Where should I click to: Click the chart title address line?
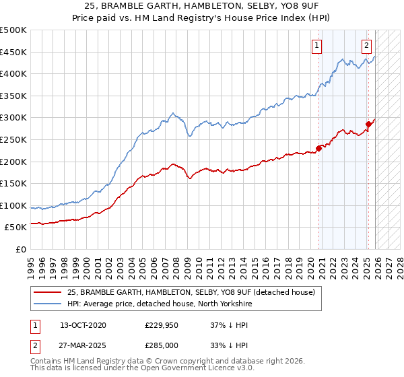click(x=202, y=6)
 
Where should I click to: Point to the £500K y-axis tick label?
click(x=13, y=30)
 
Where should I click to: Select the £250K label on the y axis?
click(x=13, y=139)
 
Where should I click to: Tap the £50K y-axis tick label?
click(x=16, y=228)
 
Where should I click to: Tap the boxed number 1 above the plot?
click(x=316, y=46)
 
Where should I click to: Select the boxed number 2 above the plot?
click(x=366, y=46)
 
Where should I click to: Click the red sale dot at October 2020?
click(x=318, y=149)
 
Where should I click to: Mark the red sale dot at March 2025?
click(x=368, y=124)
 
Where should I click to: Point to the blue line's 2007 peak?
click(x=173, y=113)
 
